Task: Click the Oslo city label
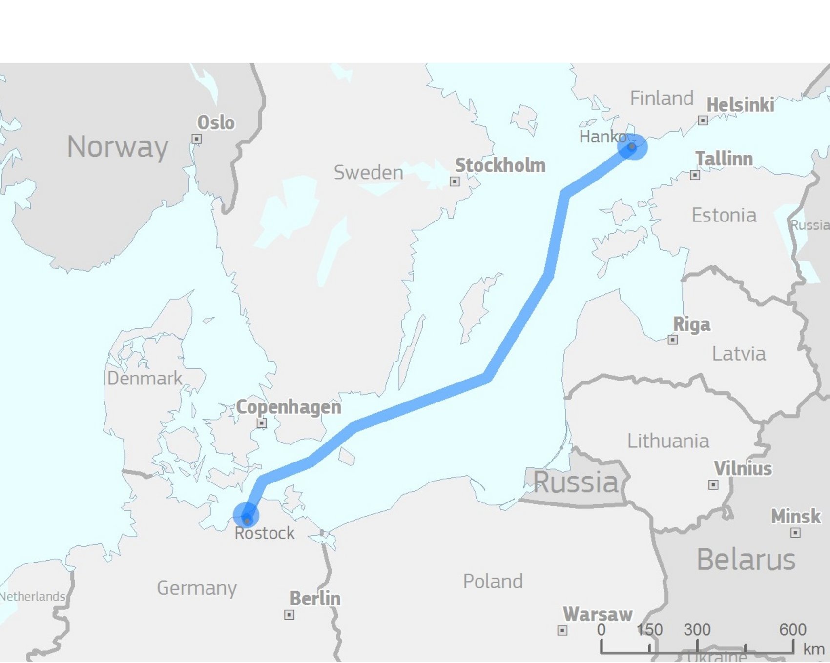(x=216, y=122)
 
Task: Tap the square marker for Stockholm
(x=455, y=181)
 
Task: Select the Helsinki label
(x=740, y=105)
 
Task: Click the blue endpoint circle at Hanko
(x=632, y=146)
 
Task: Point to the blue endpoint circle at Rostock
(x=246, y=516)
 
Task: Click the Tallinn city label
(x=724, y=159)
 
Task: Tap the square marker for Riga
(x=673, y=340)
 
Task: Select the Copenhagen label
(x=289, y=407)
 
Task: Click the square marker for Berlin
(x=289, y=615)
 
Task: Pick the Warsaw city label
(x=598, y=614)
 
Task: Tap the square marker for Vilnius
(x=713, y=484)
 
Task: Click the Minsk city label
(x=796, y=516)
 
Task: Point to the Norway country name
(x=118, y=147)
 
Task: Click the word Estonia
(x=724, y=215)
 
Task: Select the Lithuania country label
(x=668, y=441)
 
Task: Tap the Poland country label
(x=493, y=581)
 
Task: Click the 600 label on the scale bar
(x=792, y=630)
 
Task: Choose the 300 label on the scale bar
(x=697, y=630)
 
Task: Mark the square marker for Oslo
(x=196, y=139)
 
